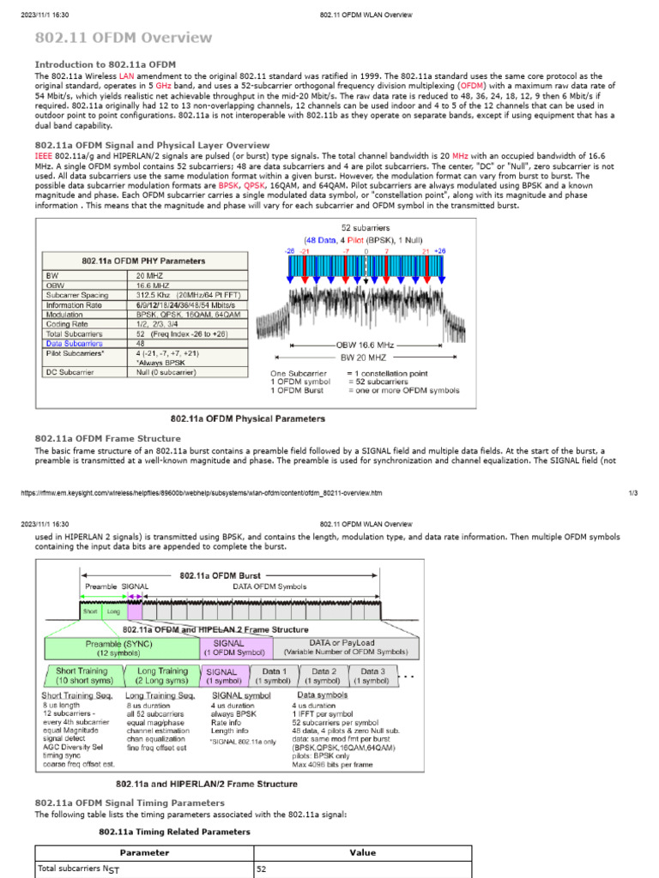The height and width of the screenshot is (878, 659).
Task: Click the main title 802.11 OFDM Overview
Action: coord(123,38)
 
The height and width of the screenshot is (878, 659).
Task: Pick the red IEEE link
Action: coord(43,156)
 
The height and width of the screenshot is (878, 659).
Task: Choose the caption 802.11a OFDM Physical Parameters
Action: coord(248,418)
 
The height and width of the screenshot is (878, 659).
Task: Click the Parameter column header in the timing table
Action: coord(144,853)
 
